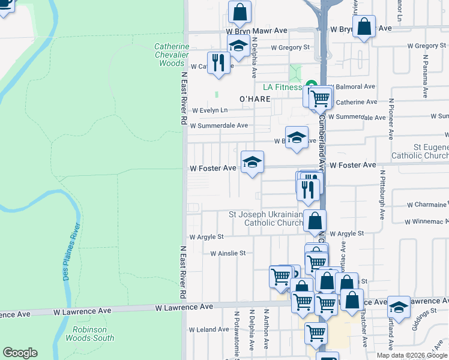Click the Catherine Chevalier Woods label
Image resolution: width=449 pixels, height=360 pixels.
(172, 55)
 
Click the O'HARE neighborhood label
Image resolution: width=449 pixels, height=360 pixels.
(256, 98)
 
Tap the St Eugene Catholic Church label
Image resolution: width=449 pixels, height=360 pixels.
(420, 151)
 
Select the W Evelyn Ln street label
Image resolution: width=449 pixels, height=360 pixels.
(210, 110)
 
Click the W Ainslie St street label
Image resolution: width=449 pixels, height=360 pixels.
(228, 253)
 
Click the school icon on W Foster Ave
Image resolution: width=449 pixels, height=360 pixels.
(253, 162)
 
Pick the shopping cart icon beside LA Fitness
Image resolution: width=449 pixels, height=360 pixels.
(321, 97)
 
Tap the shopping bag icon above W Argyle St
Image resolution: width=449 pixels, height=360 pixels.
(315, 221)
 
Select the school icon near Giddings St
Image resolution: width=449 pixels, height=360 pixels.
(399, 307)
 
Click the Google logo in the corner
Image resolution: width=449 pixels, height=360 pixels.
(20, 353)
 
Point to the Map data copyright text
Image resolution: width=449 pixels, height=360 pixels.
(412, 355)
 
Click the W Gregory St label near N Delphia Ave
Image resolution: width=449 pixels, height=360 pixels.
(290, 47)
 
